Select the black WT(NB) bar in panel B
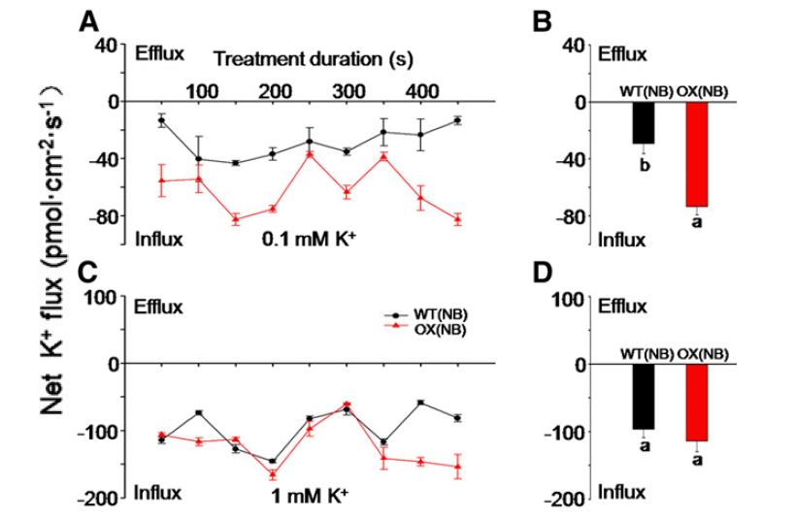click(644, 122)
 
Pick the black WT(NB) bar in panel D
click(644, 397)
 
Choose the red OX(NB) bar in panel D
click(697, 403)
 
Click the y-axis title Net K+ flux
click(50, 262)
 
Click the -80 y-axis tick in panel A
click(98, 215)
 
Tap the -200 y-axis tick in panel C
click(95, 498)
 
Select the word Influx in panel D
click(620, 491)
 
